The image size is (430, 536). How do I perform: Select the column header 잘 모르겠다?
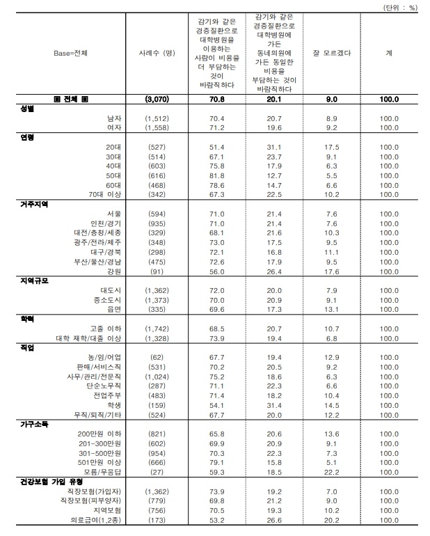[332, 52]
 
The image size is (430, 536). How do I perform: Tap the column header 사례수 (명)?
[159, 52]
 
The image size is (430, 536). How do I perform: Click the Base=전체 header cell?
[71, 52]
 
